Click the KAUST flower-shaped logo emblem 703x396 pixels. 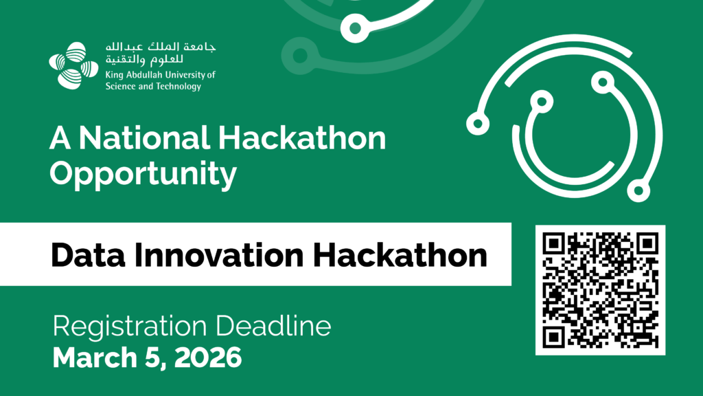pyautogui.click(x=73, y=65)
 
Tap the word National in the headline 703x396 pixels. pyautogui.click(x=144, y=137)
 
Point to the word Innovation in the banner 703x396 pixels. pyautogui.click(x=219, y=255)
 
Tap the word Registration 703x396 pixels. pyautogui.click(x=130, y=327)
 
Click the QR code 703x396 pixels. pyautogui.click(x=600, y=290)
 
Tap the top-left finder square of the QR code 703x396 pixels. pyautogui.click(x=554, y=244)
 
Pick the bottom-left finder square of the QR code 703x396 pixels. pyautogui.click(x=554, y=336)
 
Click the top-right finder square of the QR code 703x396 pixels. pyautogui.click(x=647, y=244)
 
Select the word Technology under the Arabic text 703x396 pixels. pyautogui.click(x=178, y=87)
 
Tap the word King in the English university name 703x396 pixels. pyautogui.click(x=115, y=75)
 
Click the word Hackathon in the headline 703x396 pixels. pyautogui.click(x=302, y=137)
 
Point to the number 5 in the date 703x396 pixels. pyautogui.click(x=152, y=358)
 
